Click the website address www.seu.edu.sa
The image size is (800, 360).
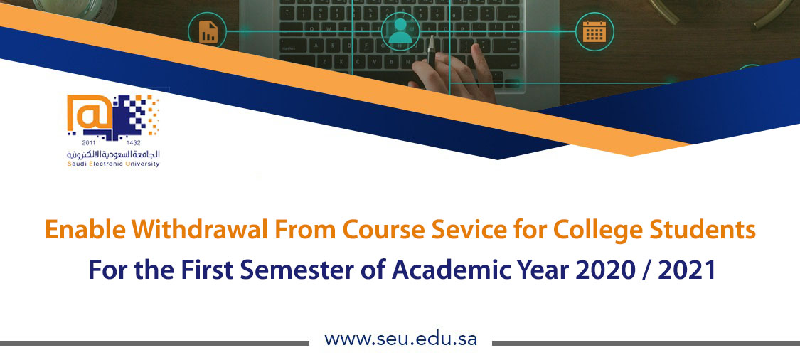point(400,339)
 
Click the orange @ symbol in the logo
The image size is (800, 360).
point(90,113)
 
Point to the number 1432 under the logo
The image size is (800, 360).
point(133,142)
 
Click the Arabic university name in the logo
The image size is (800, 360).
point(113,154)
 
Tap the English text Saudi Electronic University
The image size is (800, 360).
point(113,164)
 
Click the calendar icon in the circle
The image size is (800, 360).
point(594,31)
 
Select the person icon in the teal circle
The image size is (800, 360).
point(400,31)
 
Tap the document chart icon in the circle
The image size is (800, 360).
point(208,31)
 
